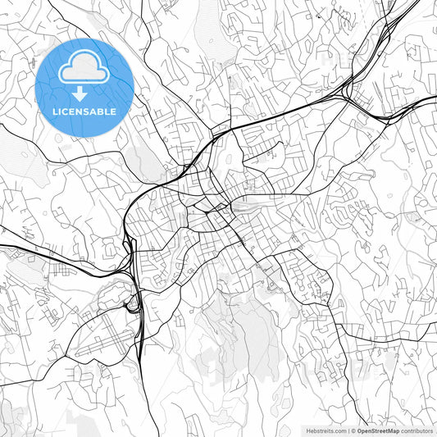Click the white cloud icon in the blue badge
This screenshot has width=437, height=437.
click(x=84, y=69)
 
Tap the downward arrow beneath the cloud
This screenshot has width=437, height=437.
click(x=84, y=93)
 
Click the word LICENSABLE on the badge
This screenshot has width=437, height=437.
click(x=84, y=111)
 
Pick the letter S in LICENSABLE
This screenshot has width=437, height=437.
click(x=87, y=111)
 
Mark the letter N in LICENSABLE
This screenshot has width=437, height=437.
click(x=80, y=111)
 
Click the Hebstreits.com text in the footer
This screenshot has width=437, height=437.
click(x=326, y=430)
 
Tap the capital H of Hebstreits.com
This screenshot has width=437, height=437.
click(x=308, y=430)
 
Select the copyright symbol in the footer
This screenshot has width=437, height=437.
click(x=353, y=430)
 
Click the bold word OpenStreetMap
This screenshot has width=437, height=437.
click(x=379, y=430)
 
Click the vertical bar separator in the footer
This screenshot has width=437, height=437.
click(x=348, y=430)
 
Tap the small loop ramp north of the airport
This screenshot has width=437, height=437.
click(x=130, y=306)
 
